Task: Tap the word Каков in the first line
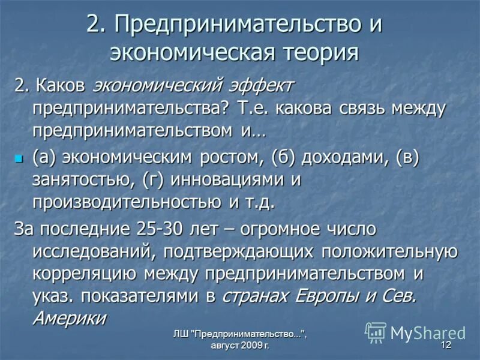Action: pos(62,86)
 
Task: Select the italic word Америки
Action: pos(69,317)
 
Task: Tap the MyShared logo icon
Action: pos(376,332)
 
